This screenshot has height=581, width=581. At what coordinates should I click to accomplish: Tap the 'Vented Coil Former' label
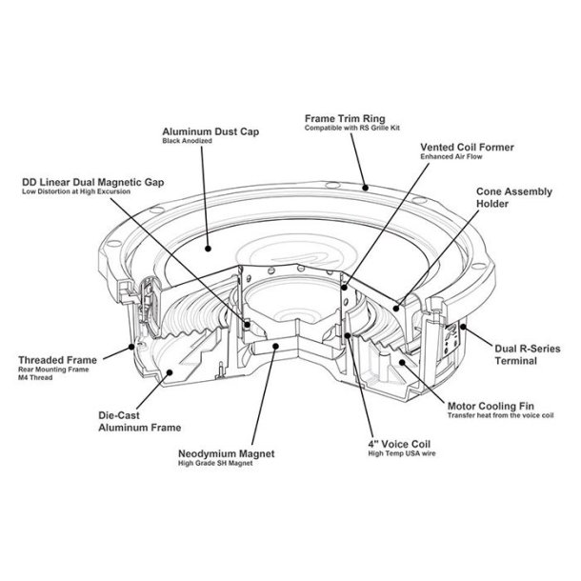point(466,149)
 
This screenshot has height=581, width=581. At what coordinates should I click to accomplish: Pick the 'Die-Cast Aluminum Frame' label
point(140,422)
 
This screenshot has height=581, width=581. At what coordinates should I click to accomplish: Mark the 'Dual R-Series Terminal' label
point(523,355)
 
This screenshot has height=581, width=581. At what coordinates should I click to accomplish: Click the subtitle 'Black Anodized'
point(186,141)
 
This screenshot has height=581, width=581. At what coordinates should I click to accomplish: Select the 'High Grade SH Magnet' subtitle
point(220,465)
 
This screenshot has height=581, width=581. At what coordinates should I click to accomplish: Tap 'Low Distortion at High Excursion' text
point(75,192)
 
